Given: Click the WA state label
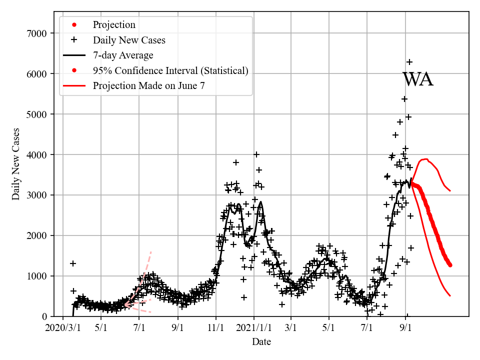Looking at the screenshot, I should [417, 80].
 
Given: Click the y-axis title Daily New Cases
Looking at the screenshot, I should [16, 164].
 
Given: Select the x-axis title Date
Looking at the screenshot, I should [261, 342].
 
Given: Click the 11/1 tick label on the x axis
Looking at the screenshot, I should [216, 329].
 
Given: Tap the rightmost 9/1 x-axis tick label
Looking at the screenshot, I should [406, 329].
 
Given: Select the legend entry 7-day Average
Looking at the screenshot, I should [123, 55].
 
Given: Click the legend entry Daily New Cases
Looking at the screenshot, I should [129, 40].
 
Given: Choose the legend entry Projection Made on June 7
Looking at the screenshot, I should [148, 86].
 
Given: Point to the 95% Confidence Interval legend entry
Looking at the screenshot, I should [170, 70].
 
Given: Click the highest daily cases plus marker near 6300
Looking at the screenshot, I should [409, 62].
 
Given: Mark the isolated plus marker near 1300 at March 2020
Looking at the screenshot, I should [73, 263].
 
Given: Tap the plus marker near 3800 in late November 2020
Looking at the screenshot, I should [236, 162].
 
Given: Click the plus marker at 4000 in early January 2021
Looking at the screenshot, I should [256, 154].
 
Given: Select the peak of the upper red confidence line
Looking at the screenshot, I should [425, 159].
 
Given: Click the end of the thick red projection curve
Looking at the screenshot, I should [450, 265].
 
